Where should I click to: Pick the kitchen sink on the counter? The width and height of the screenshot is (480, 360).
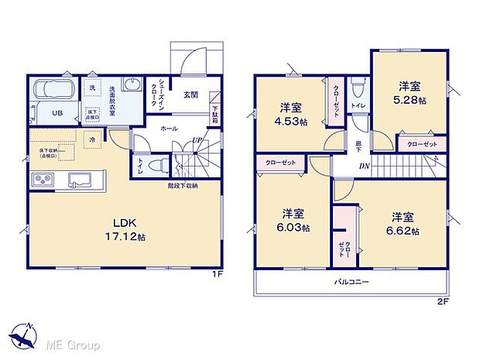pos(81,180)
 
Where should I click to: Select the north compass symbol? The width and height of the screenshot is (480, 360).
pos(23,334)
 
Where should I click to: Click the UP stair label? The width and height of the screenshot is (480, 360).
pos(197,140)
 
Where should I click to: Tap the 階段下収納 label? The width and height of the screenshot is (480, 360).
pos(183,186)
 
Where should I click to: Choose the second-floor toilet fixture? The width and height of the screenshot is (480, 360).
pos(358,88)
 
